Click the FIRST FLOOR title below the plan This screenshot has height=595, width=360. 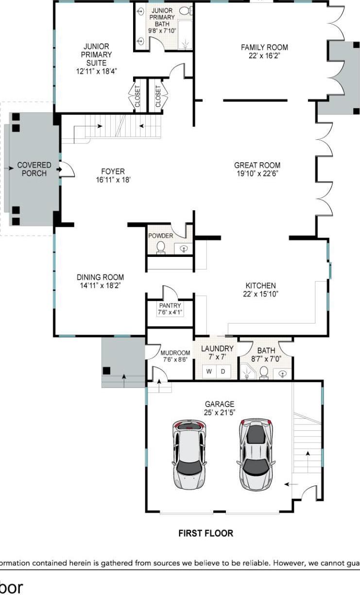(206, 533)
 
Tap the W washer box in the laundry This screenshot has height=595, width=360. (209, 372)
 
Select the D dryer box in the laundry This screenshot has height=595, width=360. (223, 372)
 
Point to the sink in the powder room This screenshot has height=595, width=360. (184, 249)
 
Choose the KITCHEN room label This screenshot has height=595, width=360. (260, 286)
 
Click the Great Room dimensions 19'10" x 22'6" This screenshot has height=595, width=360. (257, 173)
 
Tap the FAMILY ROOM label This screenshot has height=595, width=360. (264, 47)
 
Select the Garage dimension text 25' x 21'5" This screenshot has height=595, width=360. (220, 412)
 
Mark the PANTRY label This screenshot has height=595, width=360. (170, 306)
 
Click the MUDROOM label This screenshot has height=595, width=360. (175, 353)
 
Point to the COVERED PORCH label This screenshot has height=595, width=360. (34, 169)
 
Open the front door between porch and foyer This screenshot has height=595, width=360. (67, 169)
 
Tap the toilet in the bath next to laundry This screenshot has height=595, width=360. (264, 372)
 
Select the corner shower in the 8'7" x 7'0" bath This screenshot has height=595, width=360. (249, 372)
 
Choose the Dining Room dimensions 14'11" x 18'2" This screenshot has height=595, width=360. (100, 286)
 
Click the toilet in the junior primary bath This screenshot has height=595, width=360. (185, 10)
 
